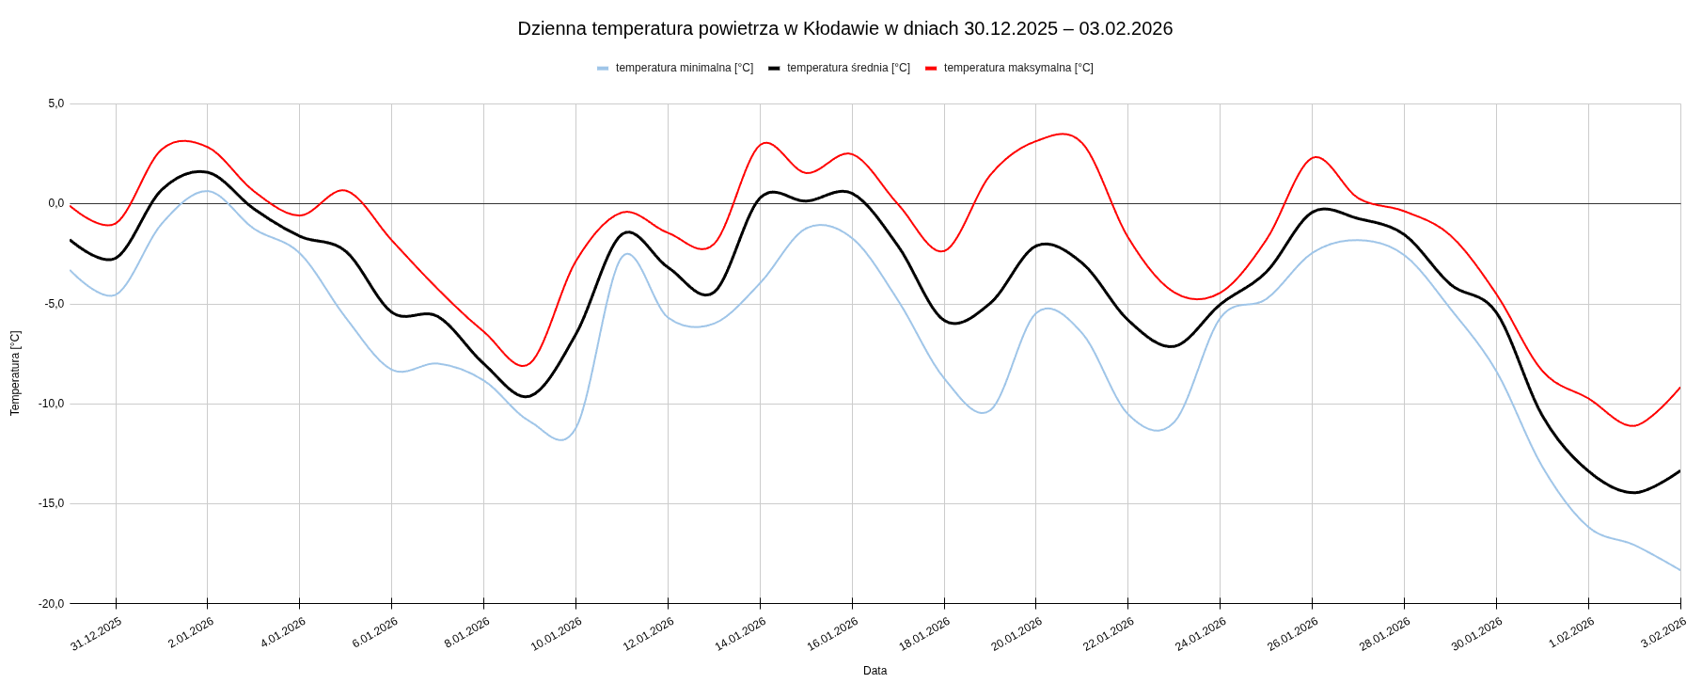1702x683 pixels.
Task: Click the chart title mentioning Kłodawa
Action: point(844,28)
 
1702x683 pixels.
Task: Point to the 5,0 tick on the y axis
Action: point(56,103)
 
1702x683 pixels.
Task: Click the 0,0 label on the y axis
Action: point(56,203)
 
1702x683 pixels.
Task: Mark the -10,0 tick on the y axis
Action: point(52,404)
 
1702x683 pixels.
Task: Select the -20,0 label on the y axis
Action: point(52,604)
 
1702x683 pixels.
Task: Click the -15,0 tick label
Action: point(52,503)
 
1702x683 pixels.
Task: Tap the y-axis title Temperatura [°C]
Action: point(15,373)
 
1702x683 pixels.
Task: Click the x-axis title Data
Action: point(875,671)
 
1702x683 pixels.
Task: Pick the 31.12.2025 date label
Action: point(96,634)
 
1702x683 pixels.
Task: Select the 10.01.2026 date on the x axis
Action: point(556,634)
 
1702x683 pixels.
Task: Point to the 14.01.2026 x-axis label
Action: point(740,634)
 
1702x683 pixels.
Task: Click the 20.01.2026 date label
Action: point(1016,634)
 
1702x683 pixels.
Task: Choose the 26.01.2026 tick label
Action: point(1292,634)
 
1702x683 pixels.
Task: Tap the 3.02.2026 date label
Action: point(1663,632)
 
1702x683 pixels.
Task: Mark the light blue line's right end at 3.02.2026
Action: point(1679,570)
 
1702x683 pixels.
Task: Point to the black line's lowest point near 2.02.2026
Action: point(1634,492)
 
